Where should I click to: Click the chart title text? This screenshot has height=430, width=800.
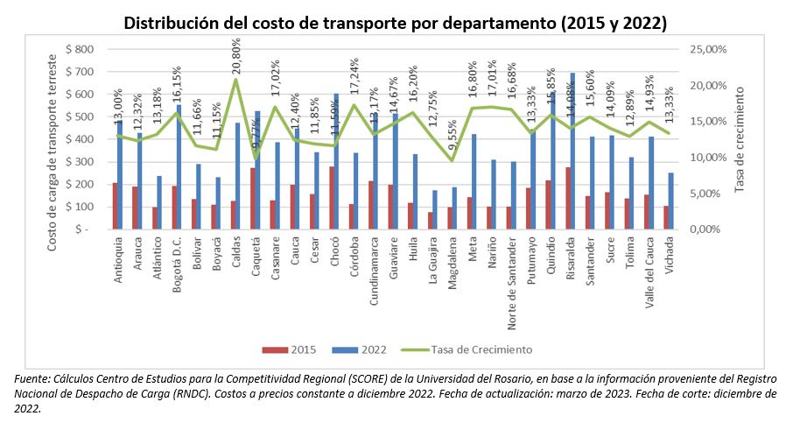395,23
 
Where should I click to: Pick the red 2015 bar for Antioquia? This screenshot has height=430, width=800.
115,206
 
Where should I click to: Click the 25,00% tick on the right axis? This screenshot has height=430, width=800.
709,49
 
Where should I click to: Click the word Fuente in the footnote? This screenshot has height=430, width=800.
32,378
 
